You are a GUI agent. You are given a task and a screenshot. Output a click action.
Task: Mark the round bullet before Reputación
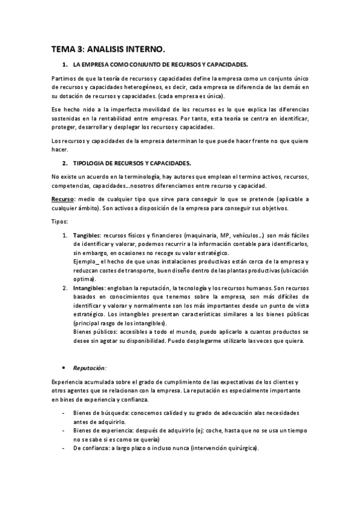pyautogui.click(x=64, y=367)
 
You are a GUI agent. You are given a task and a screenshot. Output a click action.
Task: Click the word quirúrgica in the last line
pyautogui.click(x=239, y=449)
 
